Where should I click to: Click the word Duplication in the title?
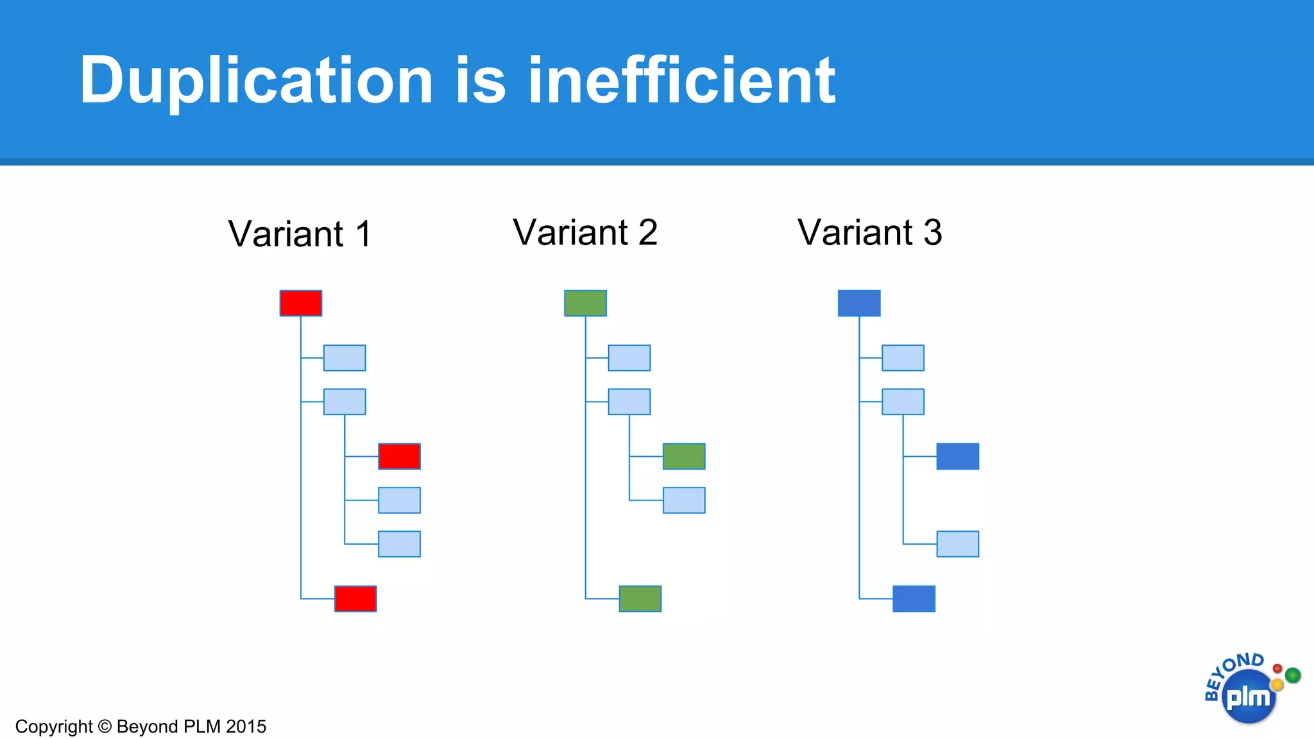pyautogui.click(x=257, y=81)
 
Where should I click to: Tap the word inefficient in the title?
pyautogui.click(x=681, y=81)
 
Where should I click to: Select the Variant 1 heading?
pyautogui.click(x=300, y=234)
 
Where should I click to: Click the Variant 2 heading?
pyautogui.click(x=585, y=232)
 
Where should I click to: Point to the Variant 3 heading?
pyautogui.click(x=869, y=232)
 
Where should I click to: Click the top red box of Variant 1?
pyautogui.click(x=301, y=303)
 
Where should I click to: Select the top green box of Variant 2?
pyautogui.click(x=585, y=303)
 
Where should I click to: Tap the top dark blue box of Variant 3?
pyautogui.click(x=859, y=303)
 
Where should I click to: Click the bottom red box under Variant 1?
pyautogui.click(x=355, y=599)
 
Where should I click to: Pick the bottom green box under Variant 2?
pyautogui.click(x=640, y=599)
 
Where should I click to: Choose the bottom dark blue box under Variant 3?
pyautogui.click(x=914, y=599)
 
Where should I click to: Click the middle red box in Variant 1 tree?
pyautogui.click(x=399, y=456)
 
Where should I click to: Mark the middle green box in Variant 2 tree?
pyautogui.click(x=684, y=456)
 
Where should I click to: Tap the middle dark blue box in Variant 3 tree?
pyautogui.click(x=957, y=456)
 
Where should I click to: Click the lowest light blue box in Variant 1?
pyautogui.click(x=399, y=544)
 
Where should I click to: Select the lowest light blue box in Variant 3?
pyautogui.click(x=957, y=544)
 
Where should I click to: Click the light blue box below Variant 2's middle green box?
pyautogui.click(x=684, y=500)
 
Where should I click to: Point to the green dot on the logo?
pyautogui.click(x=1293, y=675)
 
